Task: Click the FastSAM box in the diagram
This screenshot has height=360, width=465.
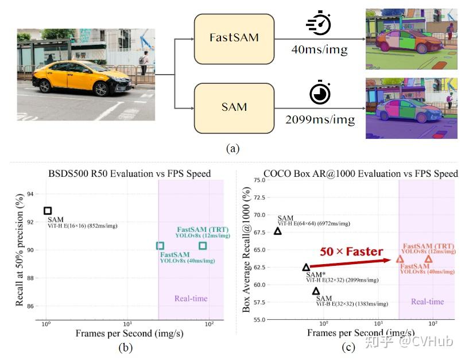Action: tap(233, 38)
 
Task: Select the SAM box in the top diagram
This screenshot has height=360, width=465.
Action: tap(233, 107)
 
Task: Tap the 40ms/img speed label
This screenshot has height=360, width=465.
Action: tap(319, 50)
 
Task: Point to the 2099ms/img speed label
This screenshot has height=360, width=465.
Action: tap(320, 120)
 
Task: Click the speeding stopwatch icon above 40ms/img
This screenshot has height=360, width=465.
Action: tap(319, 25)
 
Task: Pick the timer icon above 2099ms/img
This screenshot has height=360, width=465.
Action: tap(320, 94)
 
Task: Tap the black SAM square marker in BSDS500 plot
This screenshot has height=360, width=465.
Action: tap(48, 211)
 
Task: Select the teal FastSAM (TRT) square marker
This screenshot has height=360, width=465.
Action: tap(203, 246)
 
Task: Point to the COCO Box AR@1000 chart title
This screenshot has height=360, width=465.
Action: tap(361, 173)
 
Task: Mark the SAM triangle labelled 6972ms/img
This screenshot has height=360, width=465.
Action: tap(278, 231)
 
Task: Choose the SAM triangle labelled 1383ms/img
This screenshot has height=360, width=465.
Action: tap(316, 291)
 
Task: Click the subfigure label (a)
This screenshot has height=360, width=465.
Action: tap(232, 149)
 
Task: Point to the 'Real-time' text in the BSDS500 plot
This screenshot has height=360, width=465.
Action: tap(191, 299)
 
